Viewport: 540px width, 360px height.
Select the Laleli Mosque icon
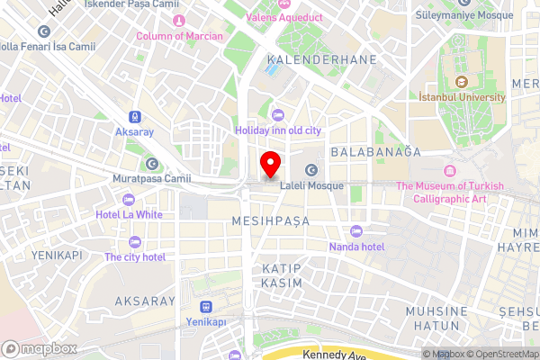310,170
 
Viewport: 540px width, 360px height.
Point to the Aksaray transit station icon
135,117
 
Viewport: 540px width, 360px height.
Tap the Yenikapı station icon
205,307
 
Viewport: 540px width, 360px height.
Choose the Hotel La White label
130,215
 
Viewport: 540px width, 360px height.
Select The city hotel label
135,256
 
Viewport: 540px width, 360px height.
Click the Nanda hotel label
356,247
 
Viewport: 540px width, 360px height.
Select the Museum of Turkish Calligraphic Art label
454,193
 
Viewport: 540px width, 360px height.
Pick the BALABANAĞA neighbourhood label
375,152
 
